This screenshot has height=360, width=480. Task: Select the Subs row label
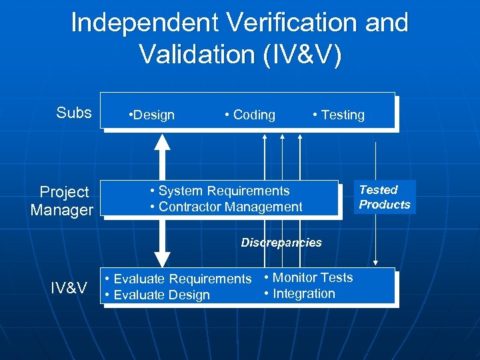pyautogui.click(x=74, y=113)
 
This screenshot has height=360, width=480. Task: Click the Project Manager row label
pyautogui.click(x=63, y=201)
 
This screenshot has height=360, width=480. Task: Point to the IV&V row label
pyautogui.click(x=69, y=288)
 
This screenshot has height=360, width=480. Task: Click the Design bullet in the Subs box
pyautogui.click(x=151, y=115)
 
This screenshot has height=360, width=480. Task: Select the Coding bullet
pyautogui.click(x=251, y=115)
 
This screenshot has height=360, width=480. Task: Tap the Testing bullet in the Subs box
pyautogui.click(x=339, y=115)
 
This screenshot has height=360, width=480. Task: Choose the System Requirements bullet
pyautogui.click(x=220, y=191)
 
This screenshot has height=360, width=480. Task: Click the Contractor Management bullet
pyautogui.click(x=226, y=207)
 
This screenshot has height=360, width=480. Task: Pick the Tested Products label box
pyautogui.click(x=385, y=197)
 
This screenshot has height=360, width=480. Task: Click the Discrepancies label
pyautogui.click(x=281, y=243)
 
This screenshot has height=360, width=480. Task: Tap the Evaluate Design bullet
pyautogui.click(x=157, y=295)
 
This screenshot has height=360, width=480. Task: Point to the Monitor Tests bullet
pyautogui.click(x=309, y=277)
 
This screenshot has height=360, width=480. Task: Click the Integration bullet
pyautogui.click(x=299, y=293)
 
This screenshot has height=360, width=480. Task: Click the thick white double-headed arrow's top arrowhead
pyautogui.click(x=162, y=141)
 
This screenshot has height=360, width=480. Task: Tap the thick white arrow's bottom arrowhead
pyautogui.click(x=162, y=259)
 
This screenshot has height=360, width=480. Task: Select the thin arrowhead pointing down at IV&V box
pyautogui.click(x=376, y=263)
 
